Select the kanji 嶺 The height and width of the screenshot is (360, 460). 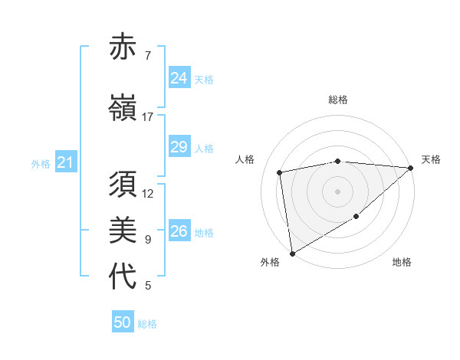click(x=123, y=108)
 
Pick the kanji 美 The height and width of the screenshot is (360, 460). click(x=123, y=231)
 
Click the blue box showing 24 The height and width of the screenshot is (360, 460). click(x=179, y=78)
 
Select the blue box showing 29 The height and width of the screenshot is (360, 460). click(x=179, y=147)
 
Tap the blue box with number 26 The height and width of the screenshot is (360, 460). click(x=179, y=231)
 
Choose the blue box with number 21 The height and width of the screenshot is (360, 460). click(x=65, y=162)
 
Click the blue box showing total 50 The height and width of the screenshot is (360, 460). click(x=123, y=322)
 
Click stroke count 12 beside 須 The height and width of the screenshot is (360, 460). click(x=148, y=194)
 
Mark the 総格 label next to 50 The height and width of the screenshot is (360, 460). click(x=147, y=324)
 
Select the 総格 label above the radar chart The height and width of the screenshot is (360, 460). click(x=338, y=100)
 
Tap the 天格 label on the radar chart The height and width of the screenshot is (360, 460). click(x=431, y=159)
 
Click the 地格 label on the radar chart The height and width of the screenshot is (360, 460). click(x=402, y=263)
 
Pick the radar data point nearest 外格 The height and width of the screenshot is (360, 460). click(x=291, y=253)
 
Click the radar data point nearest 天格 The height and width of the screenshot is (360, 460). click(x=411, y=168)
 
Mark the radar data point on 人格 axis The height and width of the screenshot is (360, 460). click(x=280, y=172)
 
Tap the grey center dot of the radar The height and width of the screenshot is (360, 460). click(x=338, y=191)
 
